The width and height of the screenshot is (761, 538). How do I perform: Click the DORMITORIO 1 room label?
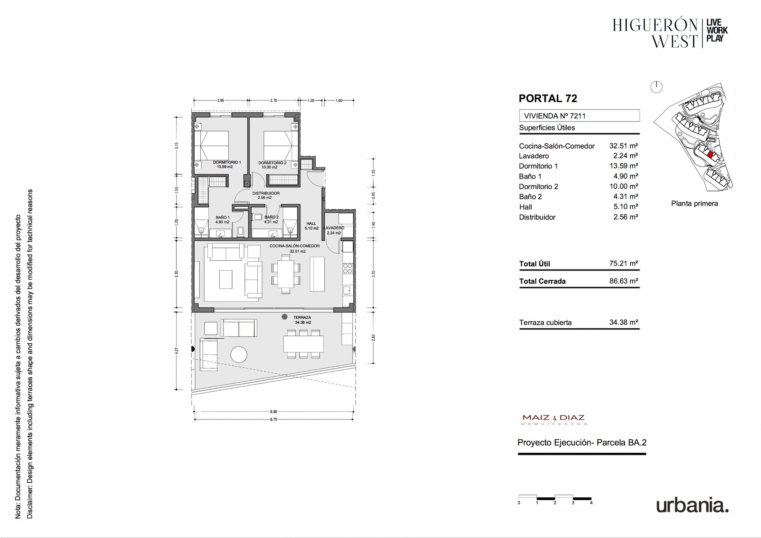click(227, 162)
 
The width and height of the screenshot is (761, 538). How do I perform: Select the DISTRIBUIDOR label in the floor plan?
click(266, 193)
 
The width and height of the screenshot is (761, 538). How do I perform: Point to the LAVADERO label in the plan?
click(334, 228)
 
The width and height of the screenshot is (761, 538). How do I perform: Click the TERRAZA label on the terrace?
click(302, 317)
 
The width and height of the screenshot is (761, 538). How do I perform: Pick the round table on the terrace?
click(239, 355)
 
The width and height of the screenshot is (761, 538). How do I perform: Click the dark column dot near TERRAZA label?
click(284, 317)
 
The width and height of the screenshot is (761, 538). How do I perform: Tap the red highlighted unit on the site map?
click(710, 154)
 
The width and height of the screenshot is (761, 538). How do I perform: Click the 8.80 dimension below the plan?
click(273, 412)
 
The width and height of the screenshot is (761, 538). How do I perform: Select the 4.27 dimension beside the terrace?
click(177, 351)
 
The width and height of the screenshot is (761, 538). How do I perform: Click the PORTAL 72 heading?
click(548, 98)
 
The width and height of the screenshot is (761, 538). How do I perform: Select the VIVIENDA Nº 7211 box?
click(579, 116)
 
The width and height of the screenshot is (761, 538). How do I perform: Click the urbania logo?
click(692, 506)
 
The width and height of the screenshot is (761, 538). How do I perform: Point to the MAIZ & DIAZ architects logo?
click(553, 419)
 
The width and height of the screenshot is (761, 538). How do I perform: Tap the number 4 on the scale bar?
click(591, 503)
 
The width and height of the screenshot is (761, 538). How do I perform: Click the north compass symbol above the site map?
click(656, 87)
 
